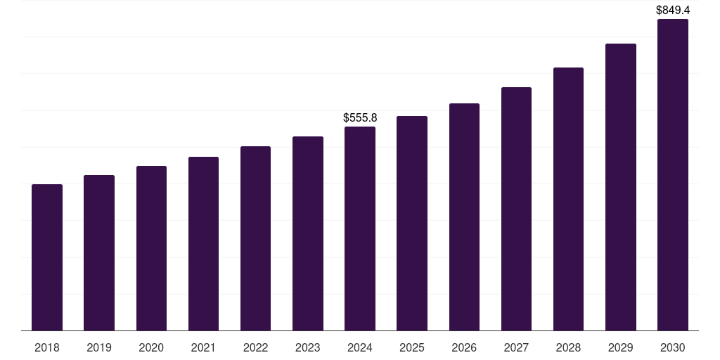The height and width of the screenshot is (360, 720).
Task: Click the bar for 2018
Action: click(x=47, y=257)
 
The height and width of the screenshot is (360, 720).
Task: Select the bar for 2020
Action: click(x=151, y=248)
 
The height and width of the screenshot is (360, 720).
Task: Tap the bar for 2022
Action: click(x=255, y=238)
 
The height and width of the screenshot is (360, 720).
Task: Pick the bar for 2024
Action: click(x=360, y=229)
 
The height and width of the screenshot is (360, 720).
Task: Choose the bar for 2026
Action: click(x=464, y=217)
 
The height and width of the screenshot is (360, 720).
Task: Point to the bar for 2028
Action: click(x=568, y=199)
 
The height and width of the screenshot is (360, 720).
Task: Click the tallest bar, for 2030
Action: click(x=673, y=174)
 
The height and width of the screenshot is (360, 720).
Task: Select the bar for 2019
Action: click(x=99, y=252)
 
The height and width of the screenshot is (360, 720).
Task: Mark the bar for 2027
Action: click(x=516, y=208)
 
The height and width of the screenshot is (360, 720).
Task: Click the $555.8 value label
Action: click(x=360, y=117)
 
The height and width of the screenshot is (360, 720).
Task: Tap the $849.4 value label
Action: click(x=673, y=10)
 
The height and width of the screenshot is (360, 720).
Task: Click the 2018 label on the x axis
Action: click(x=47, y=347)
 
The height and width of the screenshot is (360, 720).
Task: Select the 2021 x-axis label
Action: click(x=203, y=347)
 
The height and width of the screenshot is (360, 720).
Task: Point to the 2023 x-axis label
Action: click(x=308, y=347)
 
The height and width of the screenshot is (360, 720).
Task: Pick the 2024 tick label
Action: click(x=360, y=347)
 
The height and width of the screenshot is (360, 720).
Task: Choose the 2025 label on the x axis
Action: click(x=412, y=347)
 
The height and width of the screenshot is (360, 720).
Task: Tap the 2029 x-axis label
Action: click(x=621, y=347)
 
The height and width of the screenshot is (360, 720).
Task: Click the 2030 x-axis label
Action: click(x=673, y=347)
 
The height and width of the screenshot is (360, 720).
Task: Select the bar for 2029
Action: click(x=621, y=187)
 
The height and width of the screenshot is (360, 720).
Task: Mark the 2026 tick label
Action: click(x=464, y=347)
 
